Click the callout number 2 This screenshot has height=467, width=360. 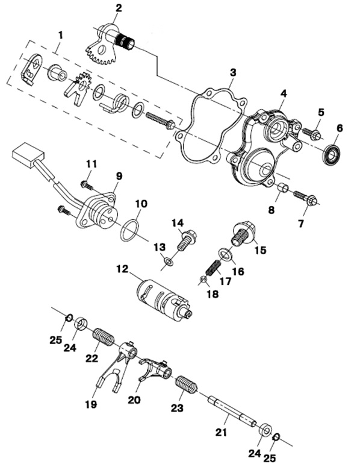point(119,8)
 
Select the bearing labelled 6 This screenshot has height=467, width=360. point(332,155)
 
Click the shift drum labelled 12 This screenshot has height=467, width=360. point(164,299)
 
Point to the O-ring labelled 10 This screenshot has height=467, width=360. point(129,231)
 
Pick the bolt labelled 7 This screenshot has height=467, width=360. point(305,197)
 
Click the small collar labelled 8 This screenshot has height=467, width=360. point(283,189)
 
